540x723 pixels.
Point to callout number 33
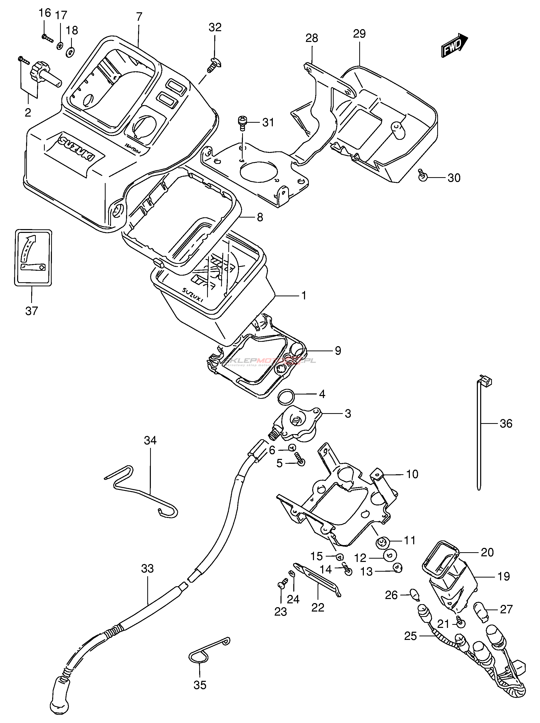tap(148, 569)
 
